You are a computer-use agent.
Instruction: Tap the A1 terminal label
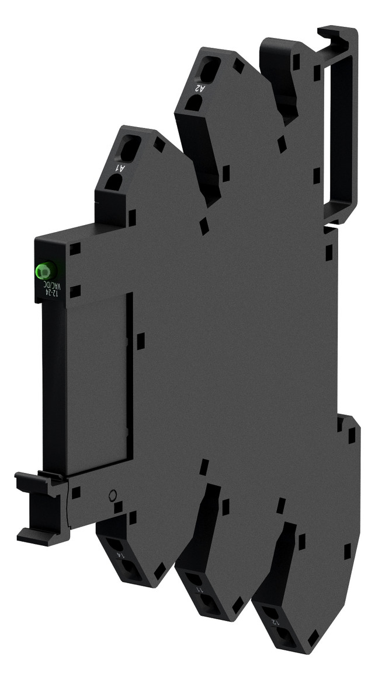point(120,168)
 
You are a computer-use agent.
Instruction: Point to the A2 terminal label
point(200,89)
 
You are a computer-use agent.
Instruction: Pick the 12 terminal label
point(273,615)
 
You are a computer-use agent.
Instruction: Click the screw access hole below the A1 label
point(114,183)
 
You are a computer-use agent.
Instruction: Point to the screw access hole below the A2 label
point(195,104)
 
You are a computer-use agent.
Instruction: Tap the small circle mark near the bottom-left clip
point(113,496)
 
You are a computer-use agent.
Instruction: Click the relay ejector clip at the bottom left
point(40,507)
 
